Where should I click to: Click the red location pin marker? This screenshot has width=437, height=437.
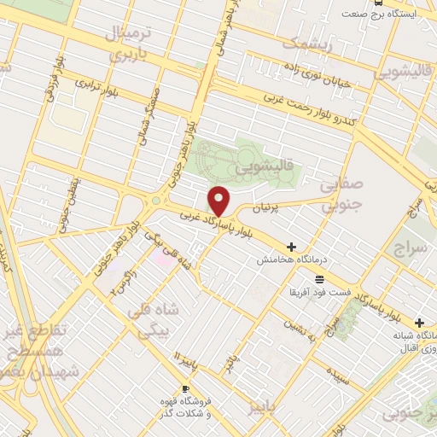pos(219,201)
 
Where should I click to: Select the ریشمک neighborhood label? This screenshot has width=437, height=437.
pos(304,42)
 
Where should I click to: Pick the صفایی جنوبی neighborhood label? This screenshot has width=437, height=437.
pos(341,195)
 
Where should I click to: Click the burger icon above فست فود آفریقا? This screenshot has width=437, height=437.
pos(318,279)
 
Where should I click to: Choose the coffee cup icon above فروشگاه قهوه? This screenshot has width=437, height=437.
pos(185,388)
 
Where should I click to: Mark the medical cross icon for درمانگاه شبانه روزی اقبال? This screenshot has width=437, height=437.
pos(419,322)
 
